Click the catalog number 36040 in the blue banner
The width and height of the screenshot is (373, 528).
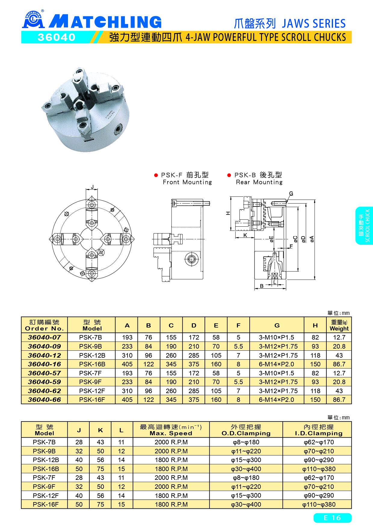click(x=56, y=37)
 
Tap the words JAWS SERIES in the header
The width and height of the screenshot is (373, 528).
click(x=314, y=23)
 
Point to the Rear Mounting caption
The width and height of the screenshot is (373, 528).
click(x=259, y=182)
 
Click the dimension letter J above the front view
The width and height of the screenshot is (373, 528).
click(x=92, y=187)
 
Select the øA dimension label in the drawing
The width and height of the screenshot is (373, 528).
click(x=312, y=238)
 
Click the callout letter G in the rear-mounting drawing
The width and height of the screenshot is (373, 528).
click(x=291, y=193)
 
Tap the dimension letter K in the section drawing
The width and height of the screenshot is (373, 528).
click(x=245, y=235)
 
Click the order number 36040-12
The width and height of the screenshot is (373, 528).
click(x=45, y=355)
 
